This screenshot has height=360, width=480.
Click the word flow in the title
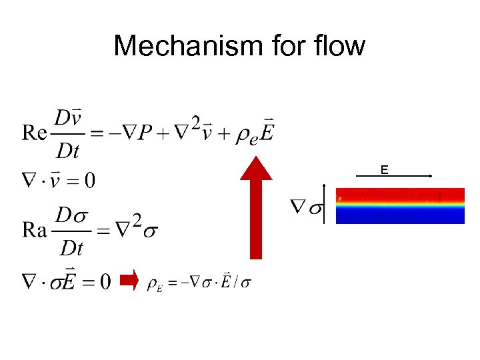341,46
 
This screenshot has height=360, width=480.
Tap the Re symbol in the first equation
34,133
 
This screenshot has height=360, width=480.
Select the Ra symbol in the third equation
35,231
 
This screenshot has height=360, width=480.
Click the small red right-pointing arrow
128,281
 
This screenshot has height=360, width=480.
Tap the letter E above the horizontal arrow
384,171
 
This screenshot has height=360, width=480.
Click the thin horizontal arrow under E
393,176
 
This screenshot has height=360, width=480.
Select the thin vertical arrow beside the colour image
324,203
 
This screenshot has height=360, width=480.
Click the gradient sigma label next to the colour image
306,206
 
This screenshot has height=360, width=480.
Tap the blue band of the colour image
399,215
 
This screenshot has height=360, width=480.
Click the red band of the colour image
399,195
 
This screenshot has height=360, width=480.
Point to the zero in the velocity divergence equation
90,180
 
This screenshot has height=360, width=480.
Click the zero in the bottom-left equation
105,282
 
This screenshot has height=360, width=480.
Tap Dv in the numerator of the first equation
69,118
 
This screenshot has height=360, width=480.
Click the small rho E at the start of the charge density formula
155,284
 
